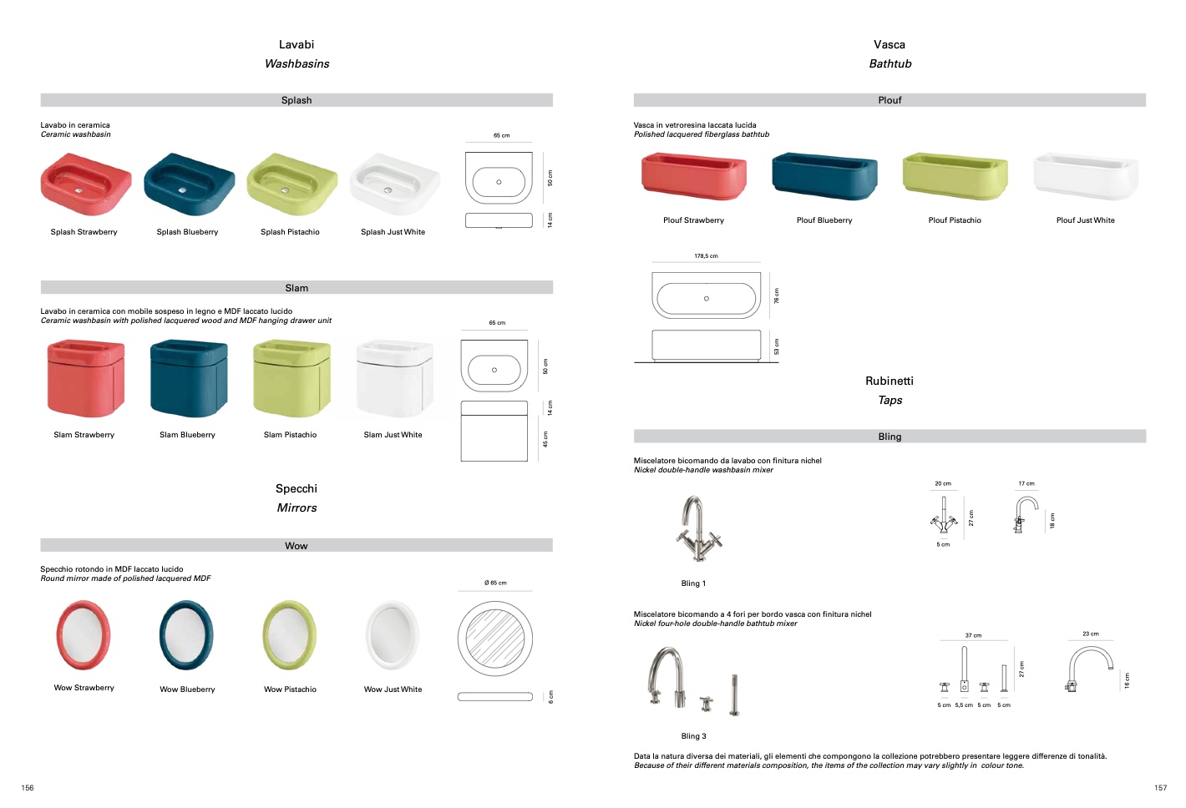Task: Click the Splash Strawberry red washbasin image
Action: point(86,184)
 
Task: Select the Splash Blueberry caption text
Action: point(187,232)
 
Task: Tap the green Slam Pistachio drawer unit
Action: point(291,378)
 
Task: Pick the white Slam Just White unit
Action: point(394,378)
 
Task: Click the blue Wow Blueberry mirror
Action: point(186,635)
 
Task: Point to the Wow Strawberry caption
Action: point(84,687)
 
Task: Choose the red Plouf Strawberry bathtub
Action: point(693,175)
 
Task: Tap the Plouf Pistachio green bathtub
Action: point(955,175)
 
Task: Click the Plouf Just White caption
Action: point(1086,220)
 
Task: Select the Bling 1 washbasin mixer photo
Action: point(698,528)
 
